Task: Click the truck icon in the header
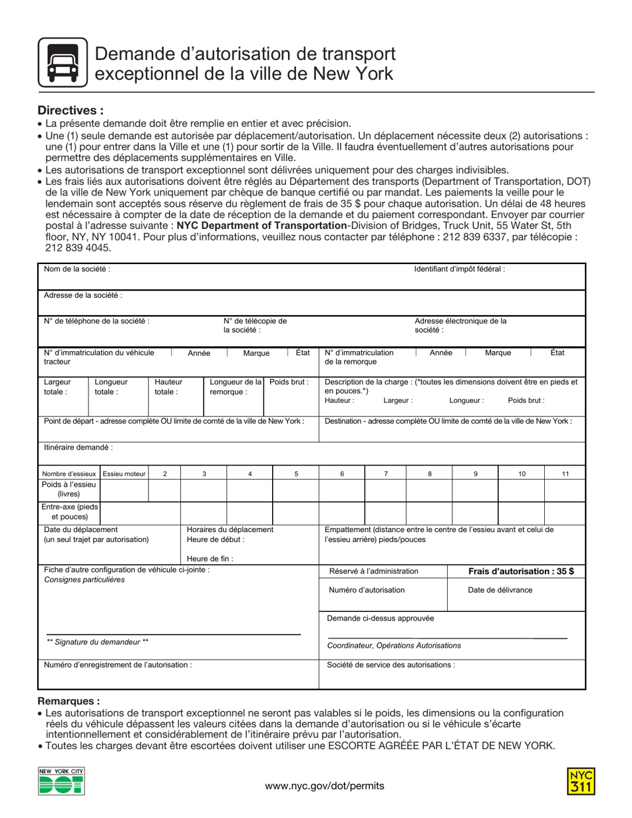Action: tap(63, 63)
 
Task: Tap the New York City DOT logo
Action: tap(61, 781)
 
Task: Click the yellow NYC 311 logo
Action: tap(581, 781)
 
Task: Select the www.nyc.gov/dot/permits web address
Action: tap(324, 785)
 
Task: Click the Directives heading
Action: tap(71, 110)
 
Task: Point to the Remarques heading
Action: tap(69, 701)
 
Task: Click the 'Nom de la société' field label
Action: tap(77, 269)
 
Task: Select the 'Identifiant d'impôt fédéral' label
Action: tap(459, 269)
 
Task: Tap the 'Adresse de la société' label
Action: tap(83, 295)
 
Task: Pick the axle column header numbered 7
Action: tap(386, 474)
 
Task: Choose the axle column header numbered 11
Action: tap(565, 474)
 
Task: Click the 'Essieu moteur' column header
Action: tap(124, 474)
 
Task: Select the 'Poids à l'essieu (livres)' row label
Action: tap(69, 489)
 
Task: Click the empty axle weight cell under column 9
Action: tap(475, 490)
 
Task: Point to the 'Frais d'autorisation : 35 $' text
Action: tap(521, 571)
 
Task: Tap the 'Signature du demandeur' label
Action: tap(97, 642)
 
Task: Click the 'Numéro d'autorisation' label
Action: tap(367, 590)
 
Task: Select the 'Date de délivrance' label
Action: tap(500, 590)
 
